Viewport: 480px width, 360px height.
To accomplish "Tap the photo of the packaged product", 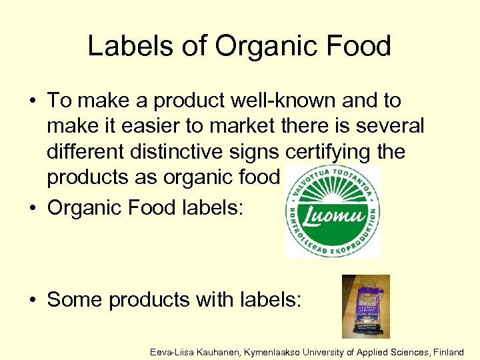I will [x=365, y=307].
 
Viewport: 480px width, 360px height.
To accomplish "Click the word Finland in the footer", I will [x=447, y=351].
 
